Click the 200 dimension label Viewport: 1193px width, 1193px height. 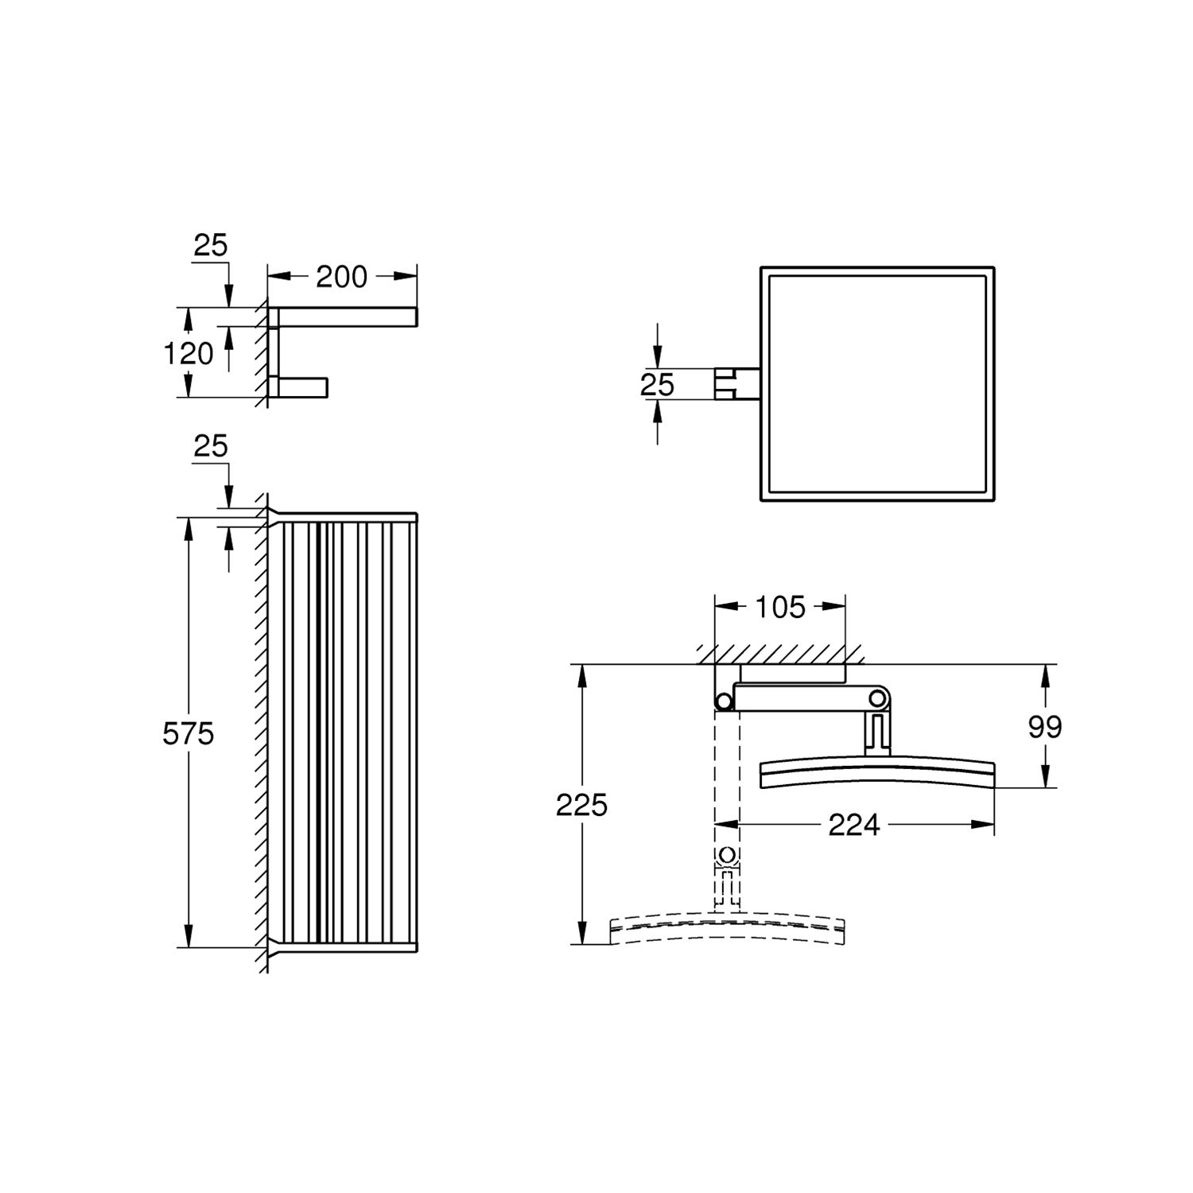[341, 277]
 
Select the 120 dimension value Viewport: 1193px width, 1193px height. [188, 353]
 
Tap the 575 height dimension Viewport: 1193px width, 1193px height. [188, 733]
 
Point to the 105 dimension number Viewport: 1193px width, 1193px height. [780, 607]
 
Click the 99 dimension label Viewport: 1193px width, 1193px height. [1044, 726]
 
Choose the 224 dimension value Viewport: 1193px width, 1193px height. [854, 826]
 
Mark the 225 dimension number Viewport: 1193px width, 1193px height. [581, 805]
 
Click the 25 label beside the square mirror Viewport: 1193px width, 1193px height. [657, 385]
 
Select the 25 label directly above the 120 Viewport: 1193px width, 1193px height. [211, 245]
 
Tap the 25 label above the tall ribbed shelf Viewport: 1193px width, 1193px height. [211, 446]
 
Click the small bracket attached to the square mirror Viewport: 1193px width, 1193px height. [736, 384]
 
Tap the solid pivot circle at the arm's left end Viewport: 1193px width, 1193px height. [724, 701]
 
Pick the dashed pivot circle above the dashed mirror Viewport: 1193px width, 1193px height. [727, 857]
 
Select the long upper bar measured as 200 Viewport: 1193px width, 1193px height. [342, 317]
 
